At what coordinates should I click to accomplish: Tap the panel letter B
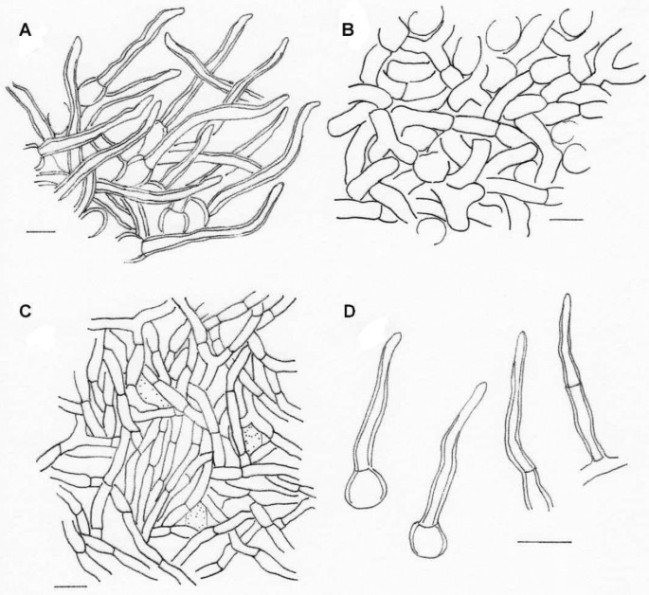(x=347, y=32)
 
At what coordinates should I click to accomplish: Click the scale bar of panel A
(x=42, y=230)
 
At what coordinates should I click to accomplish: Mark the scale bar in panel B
(x=565, y=218)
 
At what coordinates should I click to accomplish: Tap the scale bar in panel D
(x=545, y=541)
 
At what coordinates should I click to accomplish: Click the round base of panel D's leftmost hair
(x=363, y=491)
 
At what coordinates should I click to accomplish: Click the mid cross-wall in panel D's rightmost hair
(x=572, y=386)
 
